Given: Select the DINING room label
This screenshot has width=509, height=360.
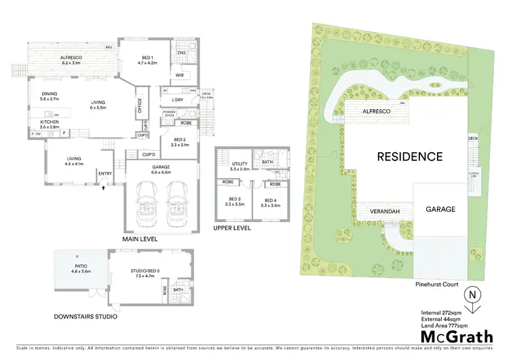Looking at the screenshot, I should [49, 96].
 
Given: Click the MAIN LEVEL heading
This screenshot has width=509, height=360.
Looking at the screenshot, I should [140, 239].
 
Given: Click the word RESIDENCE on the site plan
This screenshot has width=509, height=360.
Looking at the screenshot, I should [410, 156].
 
